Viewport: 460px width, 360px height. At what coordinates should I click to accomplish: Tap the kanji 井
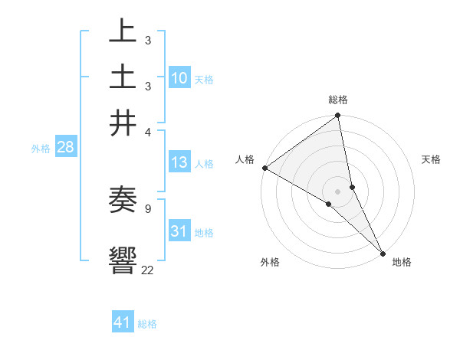[123, 123]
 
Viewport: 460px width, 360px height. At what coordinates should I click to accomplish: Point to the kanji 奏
[123, 201]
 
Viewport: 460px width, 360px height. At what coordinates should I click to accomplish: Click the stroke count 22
[148, 270]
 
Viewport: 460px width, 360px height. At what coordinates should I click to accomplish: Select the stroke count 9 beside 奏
[148, 208]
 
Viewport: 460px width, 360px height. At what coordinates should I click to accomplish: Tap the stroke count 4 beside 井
[148, 132]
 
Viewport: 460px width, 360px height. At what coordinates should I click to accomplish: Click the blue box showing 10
[179, 78]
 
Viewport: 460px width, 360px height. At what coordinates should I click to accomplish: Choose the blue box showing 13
[179, 162]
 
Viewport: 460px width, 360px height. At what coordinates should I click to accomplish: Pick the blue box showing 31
[179, 231]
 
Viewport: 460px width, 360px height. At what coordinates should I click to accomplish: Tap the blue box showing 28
[65, 148]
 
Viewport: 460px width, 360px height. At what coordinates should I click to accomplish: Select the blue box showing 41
[123, 322]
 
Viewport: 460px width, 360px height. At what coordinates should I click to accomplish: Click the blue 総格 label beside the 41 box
[147, 324]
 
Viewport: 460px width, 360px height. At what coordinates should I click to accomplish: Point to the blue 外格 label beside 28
[41, 149]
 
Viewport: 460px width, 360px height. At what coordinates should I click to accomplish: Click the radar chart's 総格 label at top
[338, 100]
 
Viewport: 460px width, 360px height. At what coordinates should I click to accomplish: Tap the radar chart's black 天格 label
[432, 159]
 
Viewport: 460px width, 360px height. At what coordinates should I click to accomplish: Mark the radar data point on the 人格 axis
[264, 168]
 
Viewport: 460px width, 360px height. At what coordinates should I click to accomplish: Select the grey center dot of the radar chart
[338, 191]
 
